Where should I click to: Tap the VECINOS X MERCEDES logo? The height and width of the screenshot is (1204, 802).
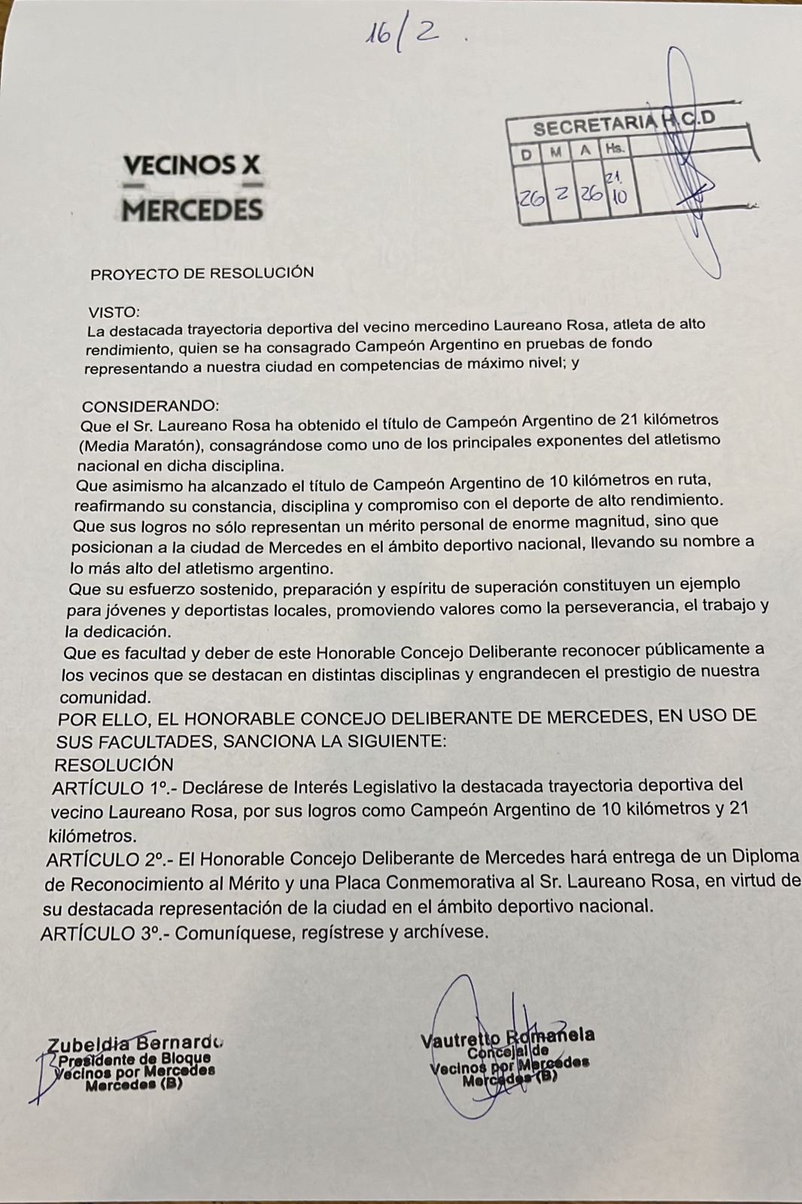click(193, 187)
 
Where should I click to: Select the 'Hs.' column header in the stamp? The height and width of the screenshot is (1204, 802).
click(615, 147)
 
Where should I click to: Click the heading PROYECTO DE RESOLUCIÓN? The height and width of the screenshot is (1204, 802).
click(202, 273)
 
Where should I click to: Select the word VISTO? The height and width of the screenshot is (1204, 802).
click(114, 311)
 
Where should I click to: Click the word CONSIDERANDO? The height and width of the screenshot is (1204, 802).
click(150, 406)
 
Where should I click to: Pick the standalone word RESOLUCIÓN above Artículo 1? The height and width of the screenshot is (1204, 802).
click(114, 765)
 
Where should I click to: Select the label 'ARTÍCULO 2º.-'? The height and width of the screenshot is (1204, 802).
click(105, 859)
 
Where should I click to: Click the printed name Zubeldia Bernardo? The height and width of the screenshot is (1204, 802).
click(135, 1044)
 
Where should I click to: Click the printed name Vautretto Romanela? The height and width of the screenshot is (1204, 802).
click(508, 1038)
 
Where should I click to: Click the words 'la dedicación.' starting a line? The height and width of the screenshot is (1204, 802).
click(114, 631)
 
